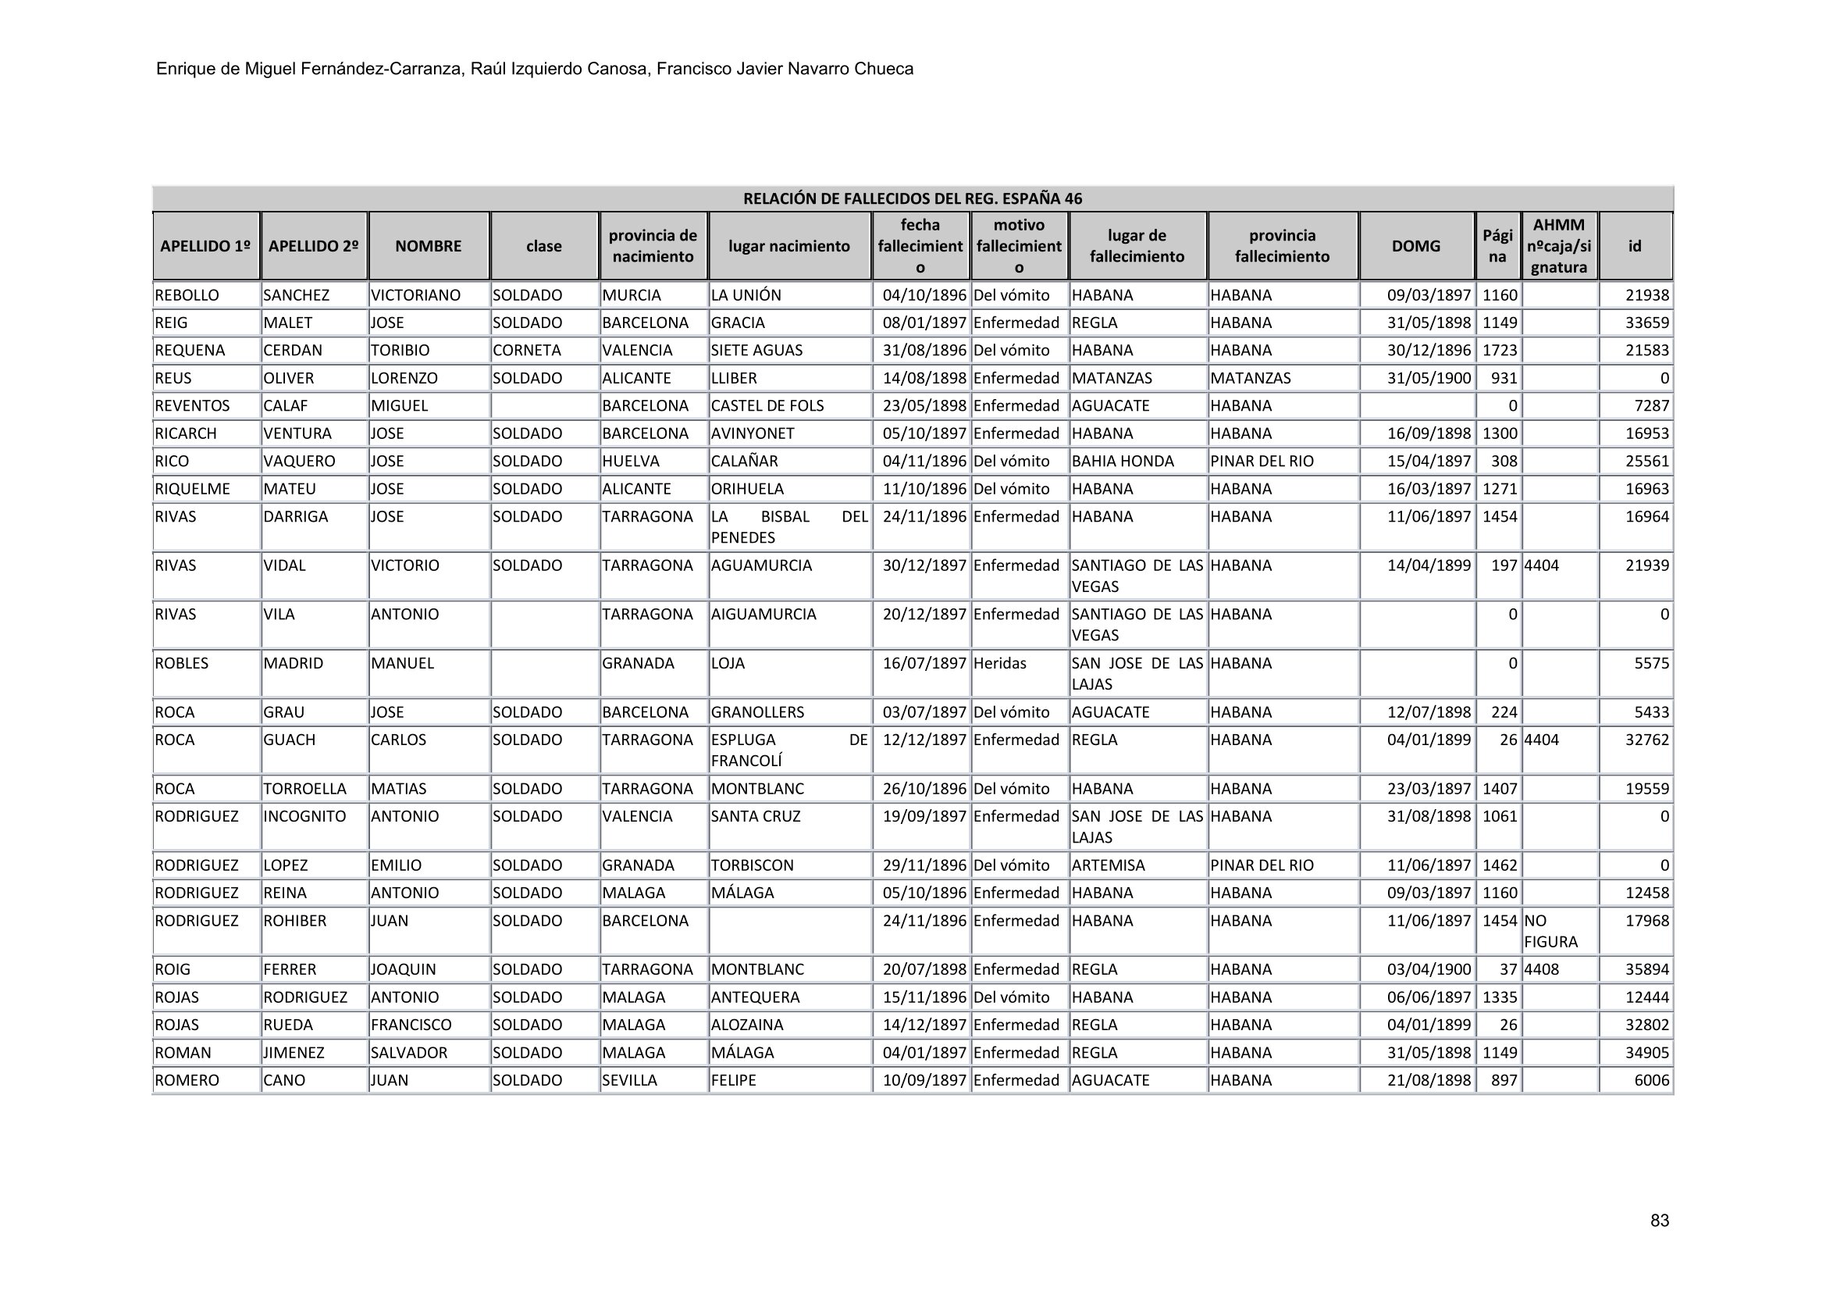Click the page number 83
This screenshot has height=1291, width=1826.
click(x=1659, y=1221)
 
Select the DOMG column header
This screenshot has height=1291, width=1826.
click(x=1415, y=246)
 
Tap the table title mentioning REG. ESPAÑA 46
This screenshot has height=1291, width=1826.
click(x=912, y=199)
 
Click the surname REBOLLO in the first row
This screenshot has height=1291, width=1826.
click(x=187, y=295)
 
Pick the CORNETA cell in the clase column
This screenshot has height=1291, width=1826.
click(x=526, y=351)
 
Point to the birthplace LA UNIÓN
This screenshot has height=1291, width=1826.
click(x=746, y=295)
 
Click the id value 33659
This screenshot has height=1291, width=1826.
click(x=1646, y=323)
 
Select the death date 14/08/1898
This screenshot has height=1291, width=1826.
click(x=924, y=379)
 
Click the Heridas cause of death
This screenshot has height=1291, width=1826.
click(x=1000, y=663)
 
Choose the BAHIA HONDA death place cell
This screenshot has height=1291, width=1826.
click(x=1122, y=462)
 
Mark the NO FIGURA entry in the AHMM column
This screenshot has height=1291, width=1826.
click(x=1550, y=932)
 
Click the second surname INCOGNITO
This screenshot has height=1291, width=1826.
click(x=304, y=817)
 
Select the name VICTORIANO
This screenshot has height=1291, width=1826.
click(x=416, y=295)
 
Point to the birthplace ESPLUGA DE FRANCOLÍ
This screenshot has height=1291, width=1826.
click(x=788, y=750)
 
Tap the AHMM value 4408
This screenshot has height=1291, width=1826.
click(x=1541, y=970)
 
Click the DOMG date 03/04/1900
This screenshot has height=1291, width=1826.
click(x=1429, y=970)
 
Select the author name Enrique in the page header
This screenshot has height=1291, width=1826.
click(x=186, y=70)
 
